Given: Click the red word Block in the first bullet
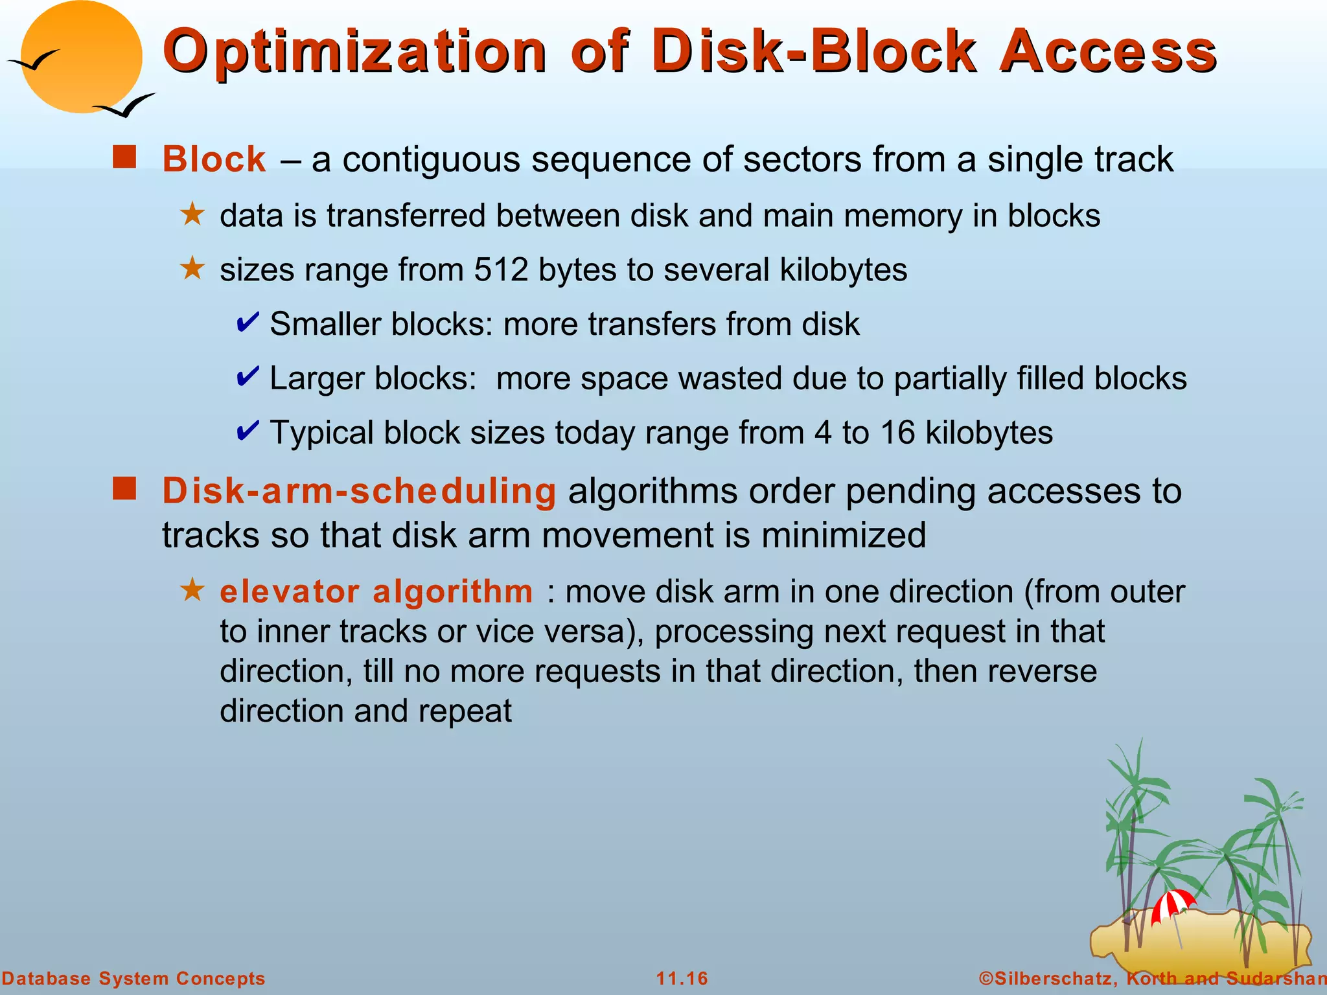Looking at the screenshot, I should click(x=214, y=159).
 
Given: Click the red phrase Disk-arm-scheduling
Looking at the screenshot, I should click(x=359, y=491).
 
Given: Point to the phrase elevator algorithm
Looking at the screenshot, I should click(x=376, y=591).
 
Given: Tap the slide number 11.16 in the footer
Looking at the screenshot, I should click(x=682, y=978).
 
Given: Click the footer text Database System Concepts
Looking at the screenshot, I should click(x=133, y=978).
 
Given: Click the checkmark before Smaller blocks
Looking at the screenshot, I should click(x=248, y=322).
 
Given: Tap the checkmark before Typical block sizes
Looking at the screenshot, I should click(x=248, y=430).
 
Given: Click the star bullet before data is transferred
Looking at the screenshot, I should click(x=192, y=214).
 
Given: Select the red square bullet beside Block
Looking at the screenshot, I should click(x=124, y=157).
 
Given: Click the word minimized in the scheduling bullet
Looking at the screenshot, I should click(x=843, y=536).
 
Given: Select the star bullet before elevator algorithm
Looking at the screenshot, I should click(x=192, y=590).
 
